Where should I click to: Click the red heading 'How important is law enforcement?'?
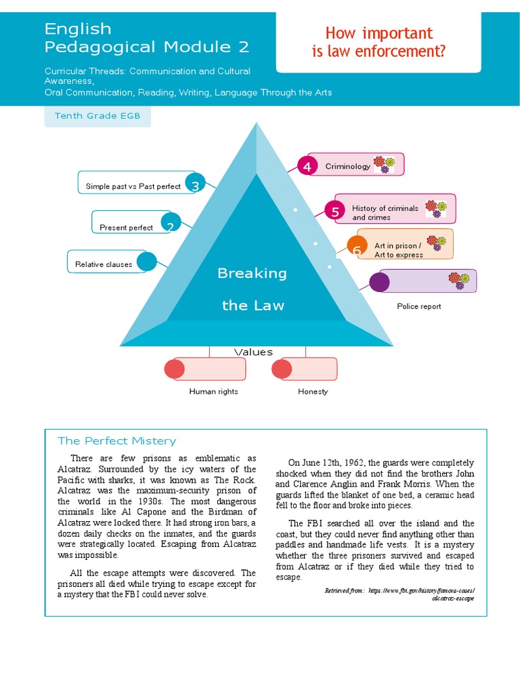click(x=378, y=42)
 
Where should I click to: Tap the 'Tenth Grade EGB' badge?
click(x=97, y=116)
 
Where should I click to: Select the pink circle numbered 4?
click(x=307, y=166)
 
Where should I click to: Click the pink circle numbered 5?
click(x=334, y=211)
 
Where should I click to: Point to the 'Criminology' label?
click(x=347, y=166)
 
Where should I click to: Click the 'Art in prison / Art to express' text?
click(x=398, y=250)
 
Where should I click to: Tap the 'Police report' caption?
click(x=418, y=306)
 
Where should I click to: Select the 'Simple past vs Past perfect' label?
click(x=133, y=186)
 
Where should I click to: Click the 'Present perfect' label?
click(x=126, y=228)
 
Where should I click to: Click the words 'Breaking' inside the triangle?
click(x=252, y=273)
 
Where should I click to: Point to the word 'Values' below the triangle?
click(x=253, y=352)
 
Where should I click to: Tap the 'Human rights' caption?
click(x=213, y=392)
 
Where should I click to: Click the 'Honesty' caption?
click(x=313, y=392)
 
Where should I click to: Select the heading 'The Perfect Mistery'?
click(x=116, y=441)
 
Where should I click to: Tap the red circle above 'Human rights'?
click(x=174, y=369)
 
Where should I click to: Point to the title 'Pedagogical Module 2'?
click(x=146, y=47)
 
